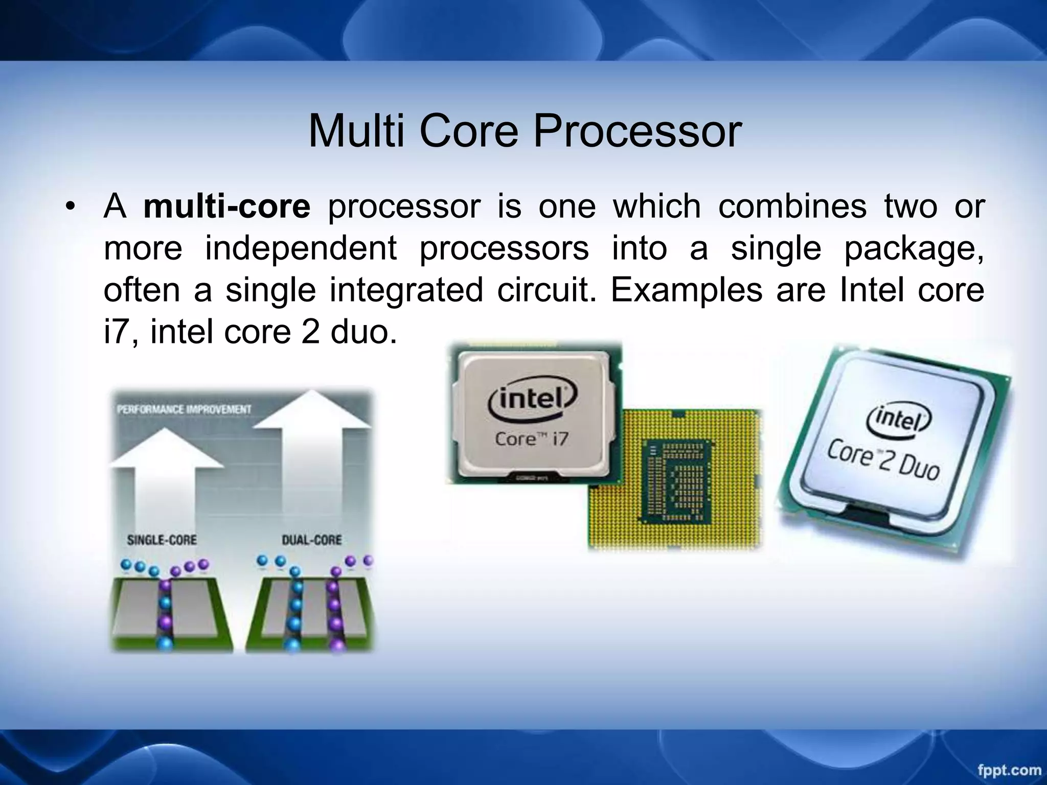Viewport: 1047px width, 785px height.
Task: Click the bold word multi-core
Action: pos(226,206)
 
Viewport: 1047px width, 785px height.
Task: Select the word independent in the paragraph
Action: pos(301,248)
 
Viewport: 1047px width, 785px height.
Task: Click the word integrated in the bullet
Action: pos(406,290)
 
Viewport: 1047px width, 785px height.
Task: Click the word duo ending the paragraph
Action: pos(363,332)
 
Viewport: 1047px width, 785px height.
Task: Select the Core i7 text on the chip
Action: pos(532,438)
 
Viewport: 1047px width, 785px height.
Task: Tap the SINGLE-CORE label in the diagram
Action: pos(162,540)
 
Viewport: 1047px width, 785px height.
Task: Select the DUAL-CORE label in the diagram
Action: pos(311,540)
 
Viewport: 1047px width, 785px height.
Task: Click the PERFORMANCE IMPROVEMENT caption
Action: pos(184,409)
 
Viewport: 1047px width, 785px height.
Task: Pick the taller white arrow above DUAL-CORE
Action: pos(312,460)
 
